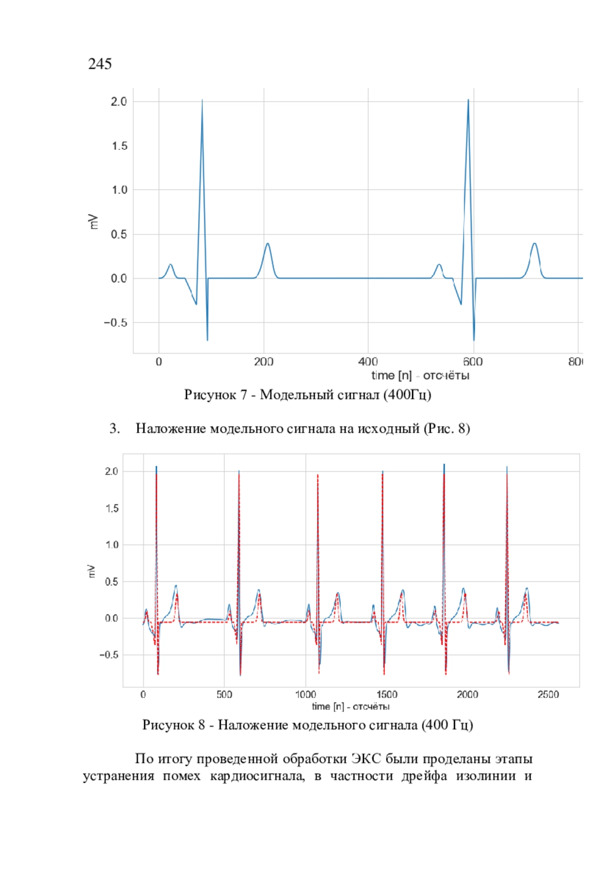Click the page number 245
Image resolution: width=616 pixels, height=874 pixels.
[100, 64]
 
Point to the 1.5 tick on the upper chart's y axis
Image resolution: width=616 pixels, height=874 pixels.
[119, 146]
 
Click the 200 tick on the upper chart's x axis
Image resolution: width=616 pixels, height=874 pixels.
[263, 362]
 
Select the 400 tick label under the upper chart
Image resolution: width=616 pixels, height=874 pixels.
[368, 362]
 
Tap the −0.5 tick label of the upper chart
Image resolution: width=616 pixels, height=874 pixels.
[115, 323]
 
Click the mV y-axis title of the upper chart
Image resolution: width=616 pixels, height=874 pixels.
[93, 221]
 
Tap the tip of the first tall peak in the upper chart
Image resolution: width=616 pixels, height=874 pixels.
[202, 100]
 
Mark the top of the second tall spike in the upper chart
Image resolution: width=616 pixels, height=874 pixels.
[468, 100]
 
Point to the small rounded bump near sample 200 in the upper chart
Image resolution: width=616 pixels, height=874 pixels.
[267, 244]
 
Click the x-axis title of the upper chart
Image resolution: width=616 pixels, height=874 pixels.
[420, 376]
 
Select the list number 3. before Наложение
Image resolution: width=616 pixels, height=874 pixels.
[115, 429]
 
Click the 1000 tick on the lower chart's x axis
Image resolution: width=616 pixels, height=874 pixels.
[305, 694]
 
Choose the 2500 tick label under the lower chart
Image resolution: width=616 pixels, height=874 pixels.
[548, 694]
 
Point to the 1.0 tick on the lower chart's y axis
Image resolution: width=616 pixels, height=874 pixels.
[111, 545]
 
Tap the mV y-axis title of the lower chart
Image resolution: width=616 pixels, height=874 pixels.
[92, 571]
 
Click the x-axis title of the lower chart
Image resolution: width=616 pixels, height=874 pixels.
[351, 707]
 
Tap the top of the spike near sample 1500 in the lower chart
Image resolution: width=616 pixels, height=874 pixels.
[382, 472]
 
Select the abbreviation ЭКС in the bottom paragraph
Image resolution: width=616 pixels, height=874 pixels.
[366, 759]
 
